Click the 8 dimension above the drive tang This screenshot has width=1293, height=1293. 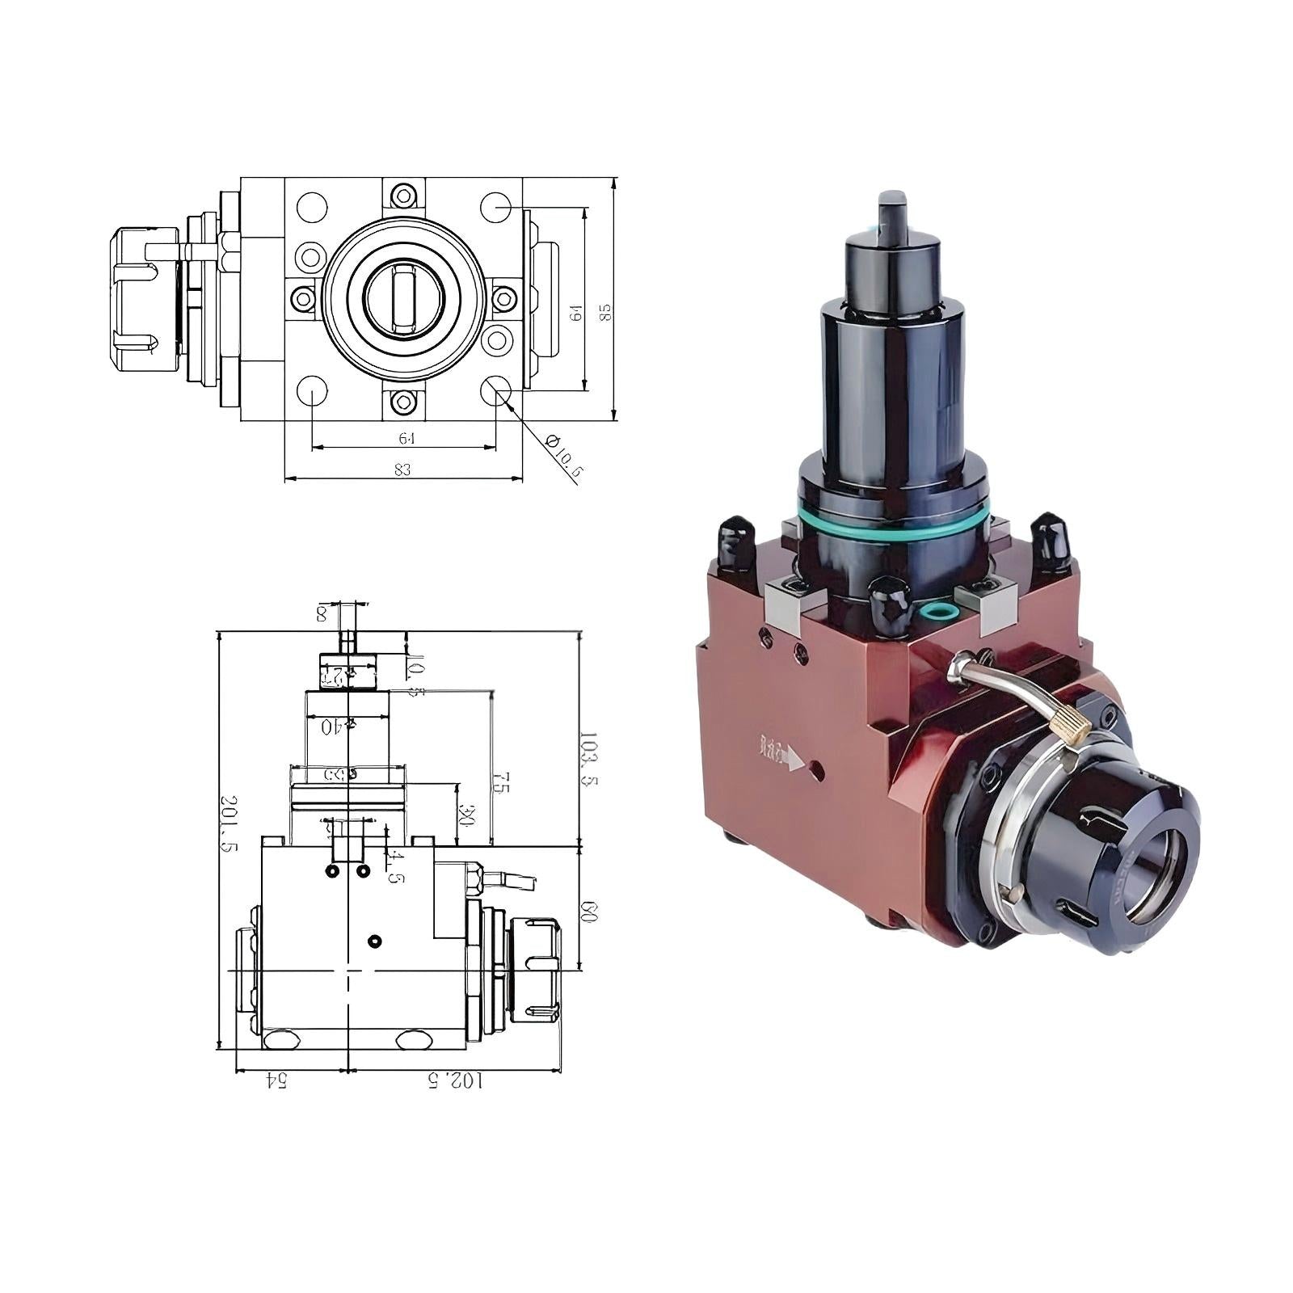pyautogui.click(x=322, y=614)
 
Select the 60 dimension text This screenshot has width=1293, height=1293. pyautogui.click(x=590, y=913)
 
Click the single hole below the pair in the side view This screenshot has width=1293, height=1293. pyautogui.click(x=374, y=941)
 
